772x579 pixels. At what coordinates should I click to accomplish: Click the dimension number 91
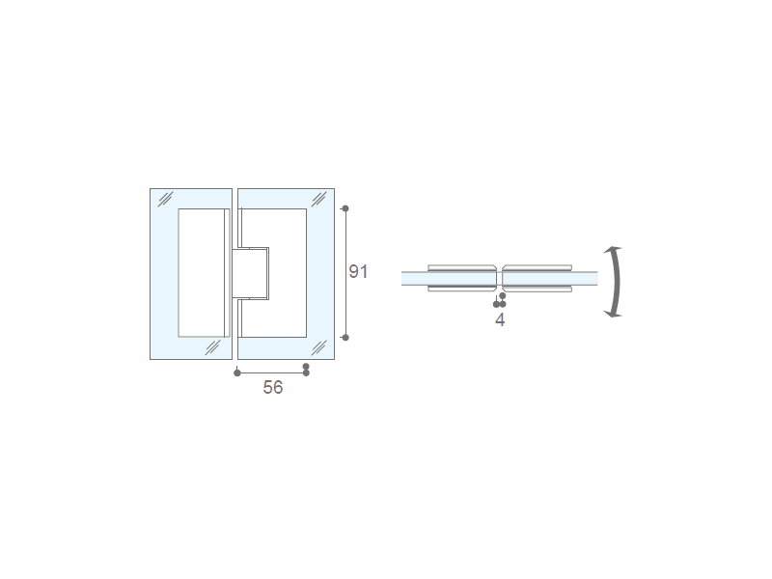[x=358, y=272]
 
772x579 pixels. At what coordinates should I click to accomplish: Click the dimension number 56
[x=273, y=388]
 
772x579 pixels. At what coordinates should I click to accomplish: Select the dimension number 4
[x=500, y=320]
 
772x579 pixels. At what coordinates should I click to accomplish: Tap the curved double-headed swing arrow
[x=616, y=282]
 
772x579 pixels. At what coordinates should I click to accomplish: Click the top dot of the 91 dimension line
[x=345, y=208]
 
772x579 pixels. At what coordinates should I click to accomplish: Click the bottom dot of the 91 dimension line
[x=345, y=337]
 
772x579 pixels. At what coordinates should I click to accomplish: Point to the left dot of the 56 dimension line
[x=237, y=372]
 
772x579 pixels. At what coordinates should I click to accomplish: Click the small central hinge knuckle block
[x=251, y=273]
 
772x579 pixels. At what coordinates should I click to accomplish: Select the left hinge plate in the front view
[x=204, y=273]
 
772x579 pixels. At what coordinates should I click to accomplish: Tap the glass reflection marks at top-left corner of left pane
[x=165, y=200]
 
